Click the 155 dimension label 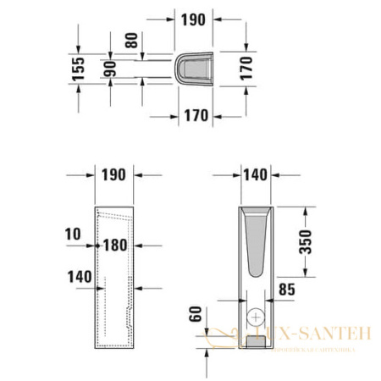[x=78, y=67]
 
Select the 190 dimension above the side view [x=113, y=174]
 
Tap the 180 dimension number [x=115, y=246]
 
